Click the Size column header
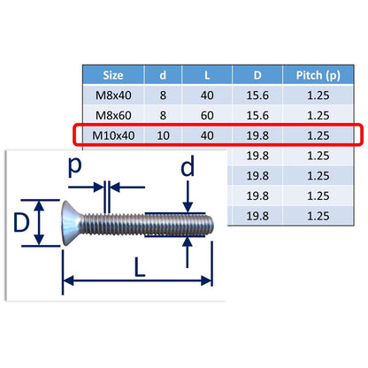click(x=113, y=75)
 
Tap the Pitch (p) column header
click(x=318, y=75)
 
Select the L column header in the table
click(x=207, y=75)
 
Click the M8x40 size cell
click(x=113, y=96)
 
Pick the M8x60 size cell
click(x=113, y=115)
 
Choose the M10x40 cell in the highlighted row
click(x=113, y=135)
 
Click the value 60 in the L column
click(x=207, y=115)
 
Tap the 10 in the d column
click(x=163, y=135)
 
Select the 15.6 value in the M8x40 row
click(x=257, y=96)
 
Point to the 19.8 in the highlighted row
click(x=257, y=135)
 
